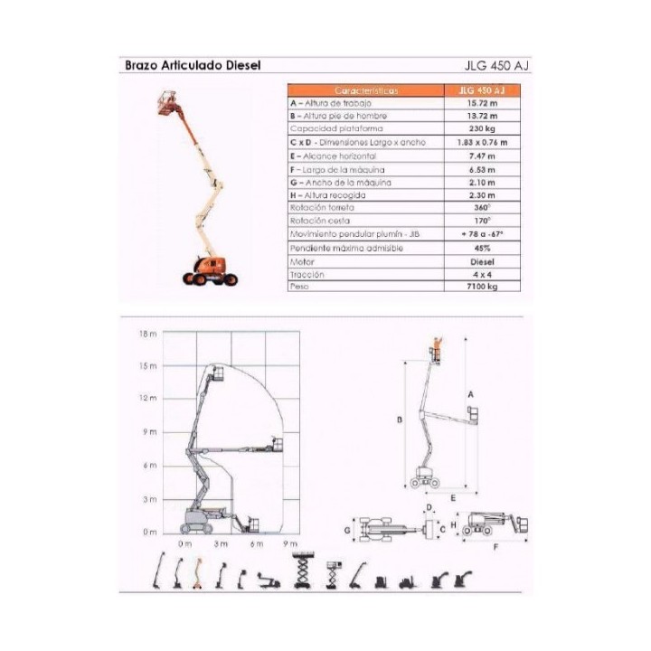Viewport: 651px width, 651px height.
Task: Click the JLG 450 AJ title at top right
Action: pyautogui.click(x=495, y=65)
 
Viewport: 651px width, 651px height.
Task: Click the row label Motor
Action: pyautogui.click(x=303, y=259)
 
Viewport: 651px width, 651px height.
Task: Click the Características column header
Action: pyautogui.click(x=365, y=90)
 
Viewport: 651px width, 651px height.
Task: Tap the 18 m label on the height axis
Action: pyautogui.click(x=148, y=334)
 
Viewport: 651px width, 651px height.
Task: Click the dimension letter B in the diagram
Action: pyautogui.click(x=399, y=420)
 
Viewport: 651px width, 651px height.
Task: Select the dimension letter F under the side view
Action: pyautogui.click(x=495, y=546)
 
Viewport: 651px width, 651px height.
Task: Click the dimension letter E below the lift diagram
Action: pyautogui.click(x=452, y=497)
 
